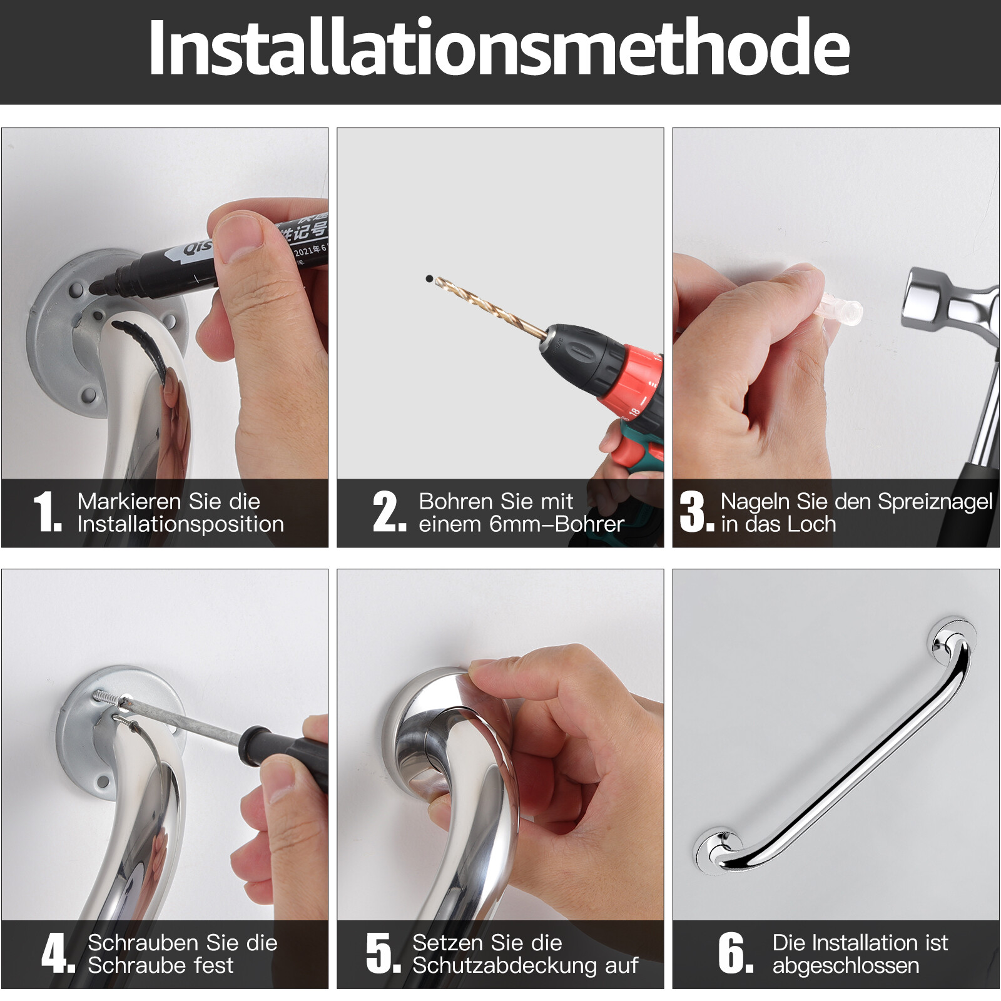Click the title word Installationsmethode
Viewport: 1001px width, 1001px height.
pos(499,49)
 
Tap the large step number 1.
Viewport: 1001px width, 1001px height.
pos(47,512)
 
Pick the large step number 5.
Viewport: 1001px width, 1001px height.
pos(382,953)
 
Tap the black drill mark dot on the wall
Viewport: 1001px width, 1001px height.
pos(429,278)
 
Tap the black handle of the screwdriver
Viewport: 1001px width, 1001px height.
pos(288,751)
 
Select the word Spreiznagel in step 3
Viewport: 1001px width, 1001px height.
pos(935,502)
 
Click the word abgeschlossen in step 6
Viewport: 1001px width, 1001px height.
pos(845,966)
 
